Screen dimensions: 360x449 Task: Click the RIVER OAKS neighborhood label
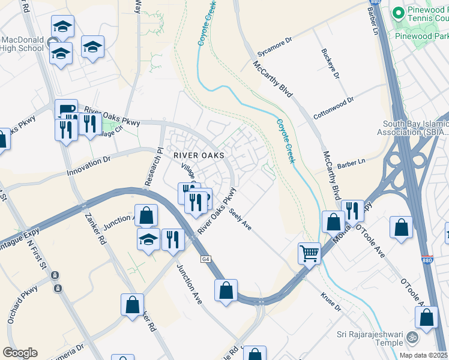coord(199,155)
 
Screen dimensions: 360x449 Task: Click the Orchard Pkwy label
coord(23,304)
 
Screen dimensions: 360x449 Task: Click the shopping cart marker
coord(310,253)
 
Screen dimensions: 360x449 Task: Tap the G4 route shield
coord(206,259)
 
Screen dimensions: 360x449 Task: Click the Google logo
coord(20,352)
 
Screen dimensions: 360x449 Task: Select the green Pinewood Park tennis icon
coord(397,12)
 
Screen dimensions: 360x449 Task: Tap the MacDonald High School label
coord(22,44)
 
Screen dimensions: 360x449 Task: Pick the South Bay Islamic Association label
coord(415,128)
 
